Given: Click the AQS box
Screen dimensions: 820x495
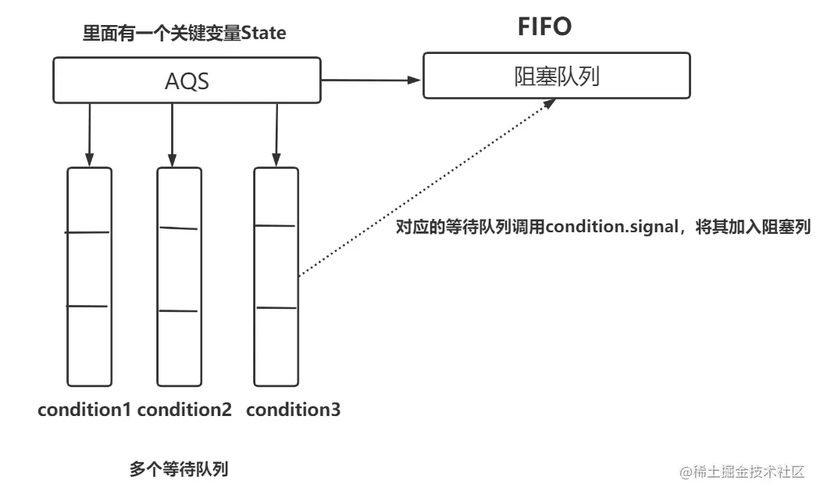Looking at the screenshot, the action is pyautogui.click(x=187, y=80).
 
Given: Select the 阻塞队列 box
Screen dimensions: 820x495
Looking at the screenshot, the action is pyautogui.click(x=556, y=75).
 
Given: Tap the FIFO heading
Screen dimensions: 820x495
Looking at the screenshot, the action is pyautogui.click(x=544, y=27).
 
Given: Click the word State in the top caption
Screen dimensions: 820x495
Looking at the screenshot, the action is pyautogui.click(x=263, y=33).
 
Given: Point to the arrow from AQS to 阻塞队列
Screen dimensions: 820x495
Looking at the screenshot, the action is pyautogui.click(x=371, y=80).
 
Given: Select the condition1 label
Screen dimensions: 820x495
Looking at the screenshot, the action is pyautogui.click(x=84, y=409).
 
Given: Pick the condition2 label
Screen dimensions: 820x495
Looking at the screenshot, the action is pyautogui.click(x=184, y=409).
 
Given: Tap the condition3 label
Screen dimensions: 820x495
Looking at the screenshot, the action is pyautogui.click(x=293, y=409).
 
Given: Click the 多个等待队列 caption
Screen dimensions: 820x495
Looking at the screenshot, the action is pyautogui.click(x=179, y=469).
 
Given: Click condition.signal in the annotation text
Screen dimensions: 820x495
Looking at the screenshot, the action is pyautogui.click(x=611, y=227).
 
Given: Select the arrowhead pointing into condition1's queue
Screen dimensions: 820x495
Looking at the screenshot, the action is pyautogui.click(x=89, y=160).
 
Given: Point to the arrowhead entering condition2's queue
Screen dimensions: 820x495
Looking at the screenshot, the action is pyautogui.click(x=172, y=160).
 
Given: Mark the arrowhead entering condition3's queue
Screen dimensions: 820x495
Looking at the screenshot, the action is pyautogui.click(x=276, y=160).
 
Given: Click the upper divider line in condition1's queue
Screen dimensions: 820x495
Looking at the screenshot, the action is pyautogui.click(x=87, y=232).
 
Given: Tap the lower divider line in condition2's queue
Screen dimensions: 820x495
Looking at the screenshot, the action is pyautogui.click(x=178, y=311).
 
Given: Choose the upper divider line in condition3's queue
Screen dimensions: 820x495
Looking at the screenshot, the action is pyautogui.click(x=275, y=226).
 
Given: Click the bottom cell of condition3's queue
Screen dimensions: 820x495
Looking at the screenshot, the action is pyautogui.click(x=276, y=346).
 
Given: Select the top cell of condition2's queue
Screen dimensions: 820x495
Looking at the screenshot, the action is pyautogui.click(x=180, y=198).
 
